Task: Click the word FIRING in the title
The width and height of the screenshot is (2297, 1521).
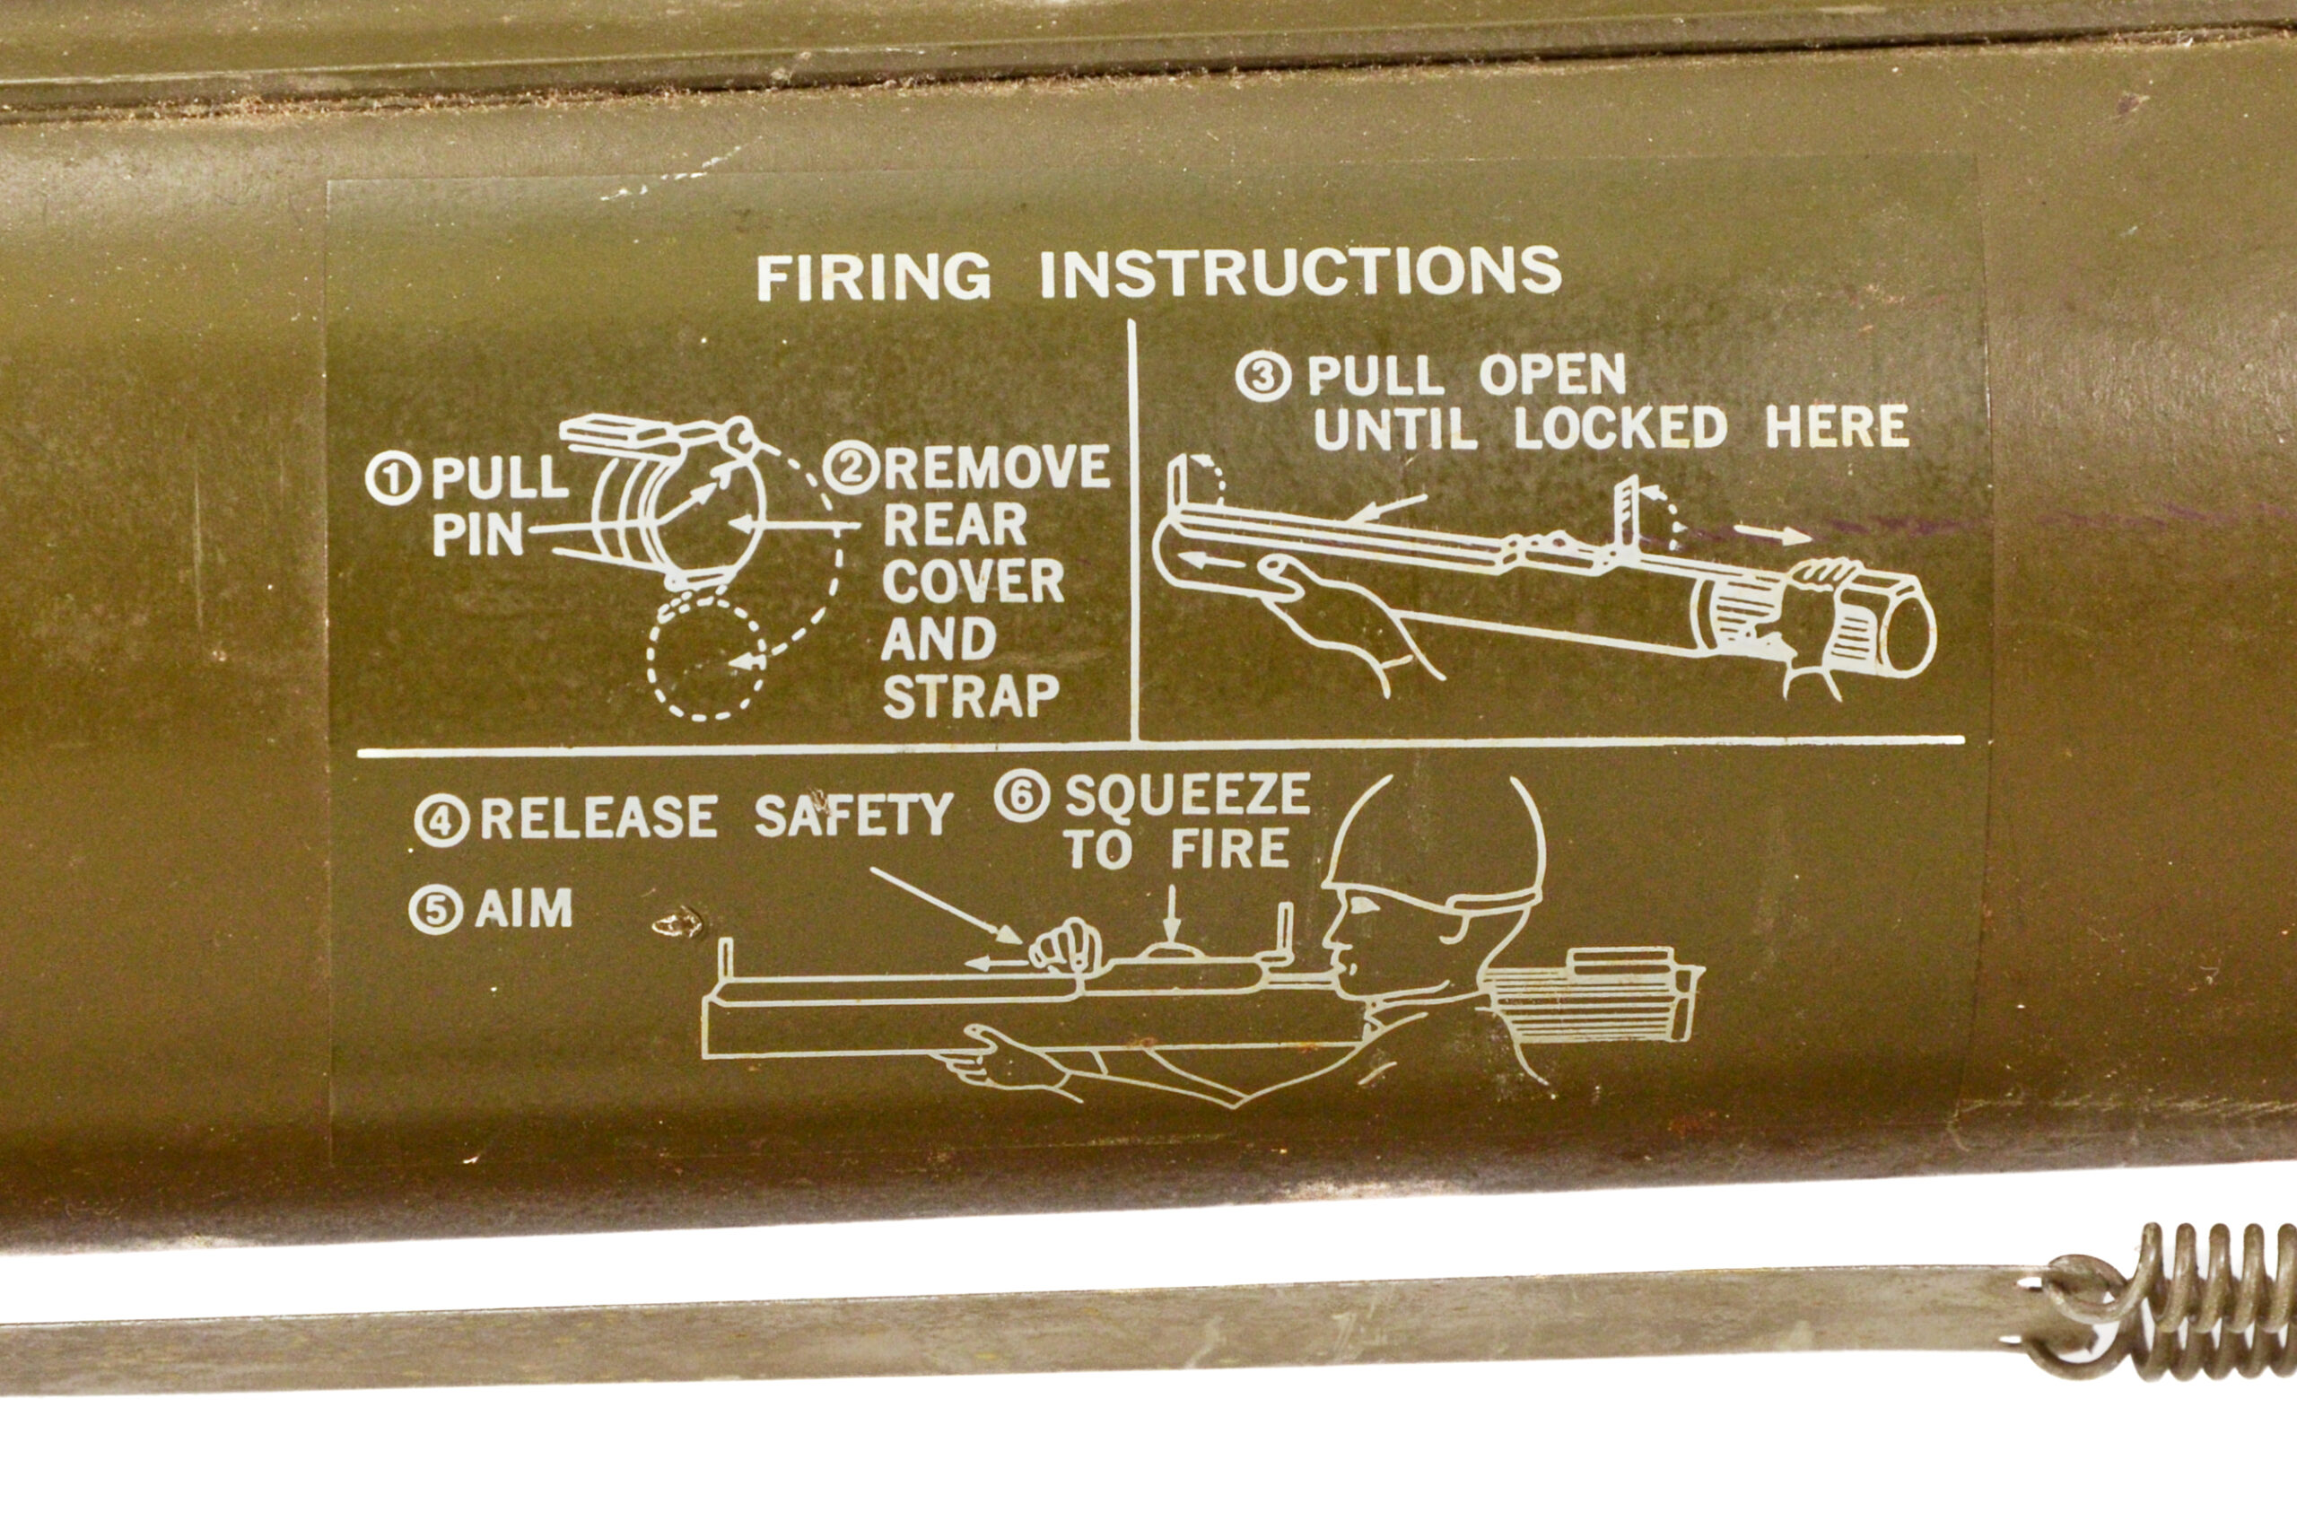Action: point(873,277)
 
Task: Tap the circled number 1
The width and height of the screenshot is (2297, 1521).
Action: point(393,479)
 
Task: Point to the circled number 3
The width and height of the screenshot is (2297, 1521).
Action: point(1263,376)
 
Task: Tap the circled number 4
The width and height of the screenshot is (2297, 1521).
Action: point(441,821)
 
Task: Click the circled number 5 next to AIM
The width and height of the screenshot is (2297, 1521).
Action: point(435,910)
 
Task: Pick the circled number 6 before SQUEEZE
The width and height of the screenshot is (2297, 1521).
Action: point(1021,798)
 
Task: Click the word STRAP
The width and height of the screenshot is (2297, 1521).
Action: point(971,696)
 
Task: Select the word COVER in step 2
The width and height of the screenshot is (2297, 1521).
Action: point(973,583)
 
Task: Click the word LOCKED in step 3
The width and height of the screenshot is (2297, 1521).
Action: point(1619,428)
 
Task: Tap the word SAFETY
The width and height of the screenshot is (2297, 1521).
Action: point(853,816)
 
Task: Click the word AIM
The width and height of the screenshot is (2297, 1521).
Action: point(524,909)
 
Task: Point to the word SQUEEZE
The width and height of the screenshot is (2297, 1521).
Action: point(1187,795)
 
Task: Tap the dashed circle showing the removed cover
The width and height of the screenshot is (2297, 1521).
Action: point(706,658)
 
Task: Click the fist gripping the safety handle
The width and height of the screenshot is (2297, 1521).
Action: point(1064,946)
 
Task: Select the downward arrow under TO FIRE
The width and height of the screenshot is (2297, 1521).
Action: point(1171,914)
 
